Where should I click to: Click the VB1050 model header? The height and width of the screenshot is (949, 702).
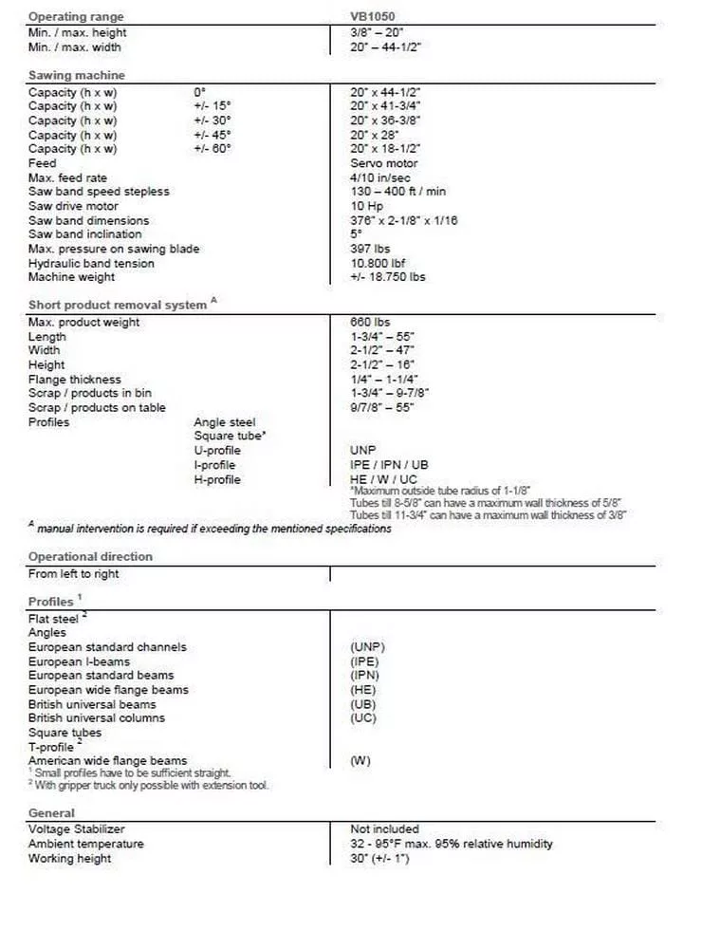[x=373, y=16]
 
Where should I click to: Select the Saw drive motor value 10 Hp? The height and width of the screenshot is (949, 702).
[x=366, y=206]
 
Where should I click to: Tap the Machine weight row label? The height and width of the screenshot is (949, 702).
[x=71, y=277]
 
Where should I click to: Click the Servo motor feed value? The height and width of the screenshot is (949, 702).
[x=383, y=163]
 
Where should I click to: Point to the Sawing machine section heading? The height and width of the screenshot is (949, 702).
[x=76, y=75]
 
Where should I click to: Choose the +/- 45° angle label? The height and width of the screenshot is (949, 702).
[x=212, y=135]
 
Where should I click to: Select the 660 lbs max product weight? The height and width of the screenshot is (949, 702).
[x=370, y=323]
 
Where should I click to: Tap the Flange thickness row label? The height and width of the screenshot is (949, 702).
[x=74, y=379]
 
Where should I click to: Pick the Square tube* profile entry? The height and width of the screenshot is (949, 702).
[x=230, y=437]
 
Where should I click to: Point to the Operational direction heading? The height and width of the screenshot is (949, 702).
[x=90, y=556]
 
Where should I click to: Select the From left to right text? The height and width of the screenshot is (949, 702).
[x=74, y=574]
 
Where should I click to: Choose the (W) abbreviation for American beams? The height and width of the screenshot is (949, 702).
[x=360, y=761]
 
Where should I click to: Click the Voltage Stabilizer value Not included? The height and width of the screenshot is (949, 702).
[x=384, y=829]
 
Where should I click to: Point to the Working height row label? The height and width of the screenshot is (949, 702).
[x=69, y=858]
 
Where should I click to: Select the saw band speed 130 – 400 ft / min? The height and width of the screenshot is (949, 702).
[x=397, y=192]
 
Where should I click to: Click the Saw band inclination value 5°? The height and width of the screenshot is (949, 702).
[x=355, y=234]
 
